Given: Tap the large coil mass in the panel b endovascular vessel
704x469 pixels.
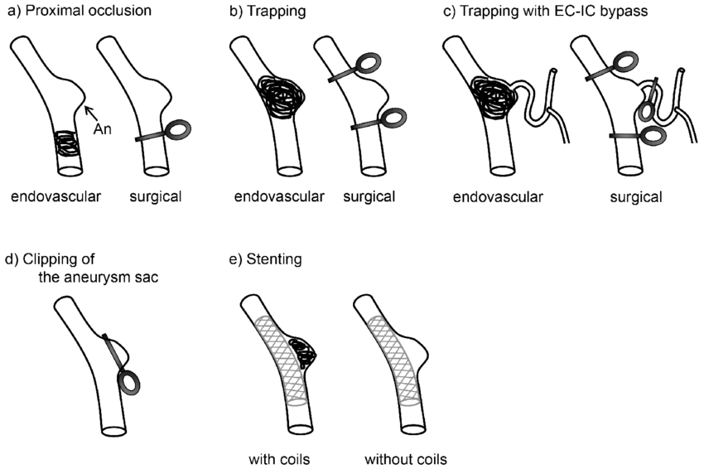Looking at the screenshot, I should point(277,98).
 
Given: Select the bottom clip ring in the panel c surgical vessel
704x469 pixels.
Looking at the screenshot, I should point(652,135).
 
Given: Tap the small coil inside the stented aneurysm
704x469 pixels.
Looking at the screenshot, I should point(301,353).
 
